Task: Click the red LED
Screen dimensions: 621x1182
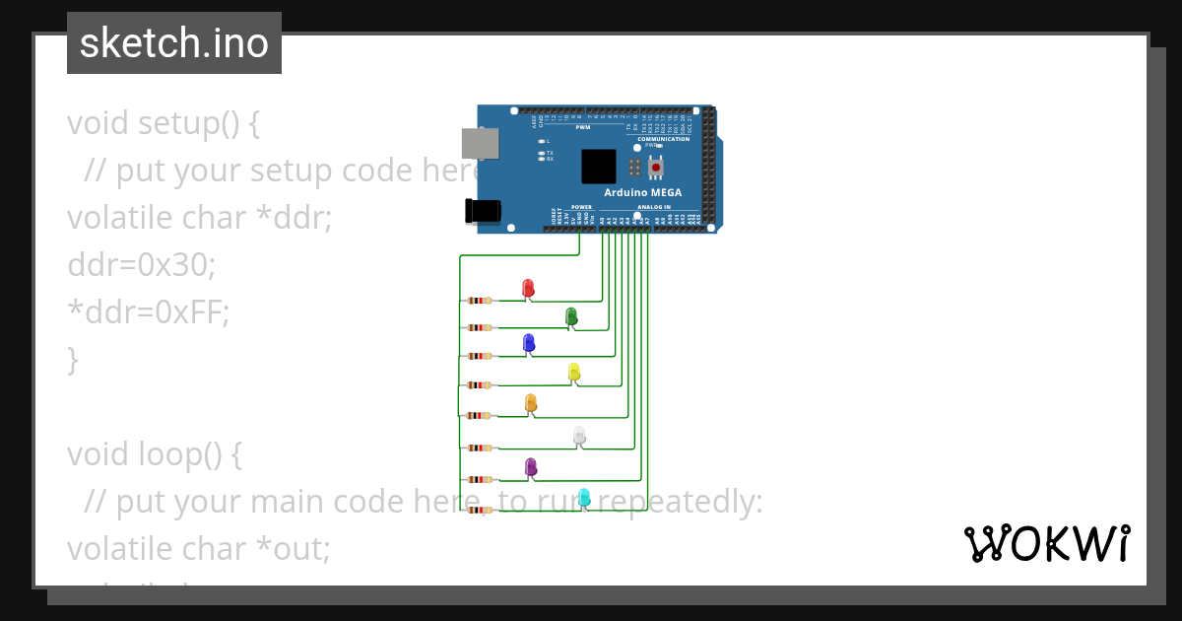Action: tap(528, 287)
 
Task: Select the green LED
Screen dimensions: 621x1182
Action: tap(571, 315)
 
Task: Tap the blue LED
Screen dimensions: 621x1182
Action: tap(529, 342)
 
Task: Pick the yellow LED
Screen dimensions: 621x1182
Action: tap(574, 372)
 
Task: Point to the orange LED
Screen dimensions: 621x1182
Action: tap(531, 402)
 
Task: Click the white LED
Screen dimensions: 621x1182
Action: tap(579, 435)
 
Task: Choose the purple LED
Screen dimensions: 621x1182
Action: tap(531, 466)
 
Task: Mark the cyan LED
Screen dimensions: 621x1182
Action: tap(584, 497)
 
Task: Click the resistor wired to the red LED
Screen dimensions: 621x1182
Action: tap(480, 301)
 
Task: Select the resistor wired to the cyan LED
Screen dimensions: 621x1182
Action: tap(480, 510)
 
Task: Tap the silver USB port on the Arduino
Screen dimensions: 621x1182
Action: tap(481, 144)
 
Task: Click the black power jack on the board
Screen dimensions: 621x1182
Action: tap(483, 210)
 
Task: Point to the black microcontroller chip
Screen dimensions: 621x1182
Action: tap(598, 166)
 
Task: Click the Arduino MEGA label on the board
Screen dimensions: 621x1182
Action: tap(642, 192)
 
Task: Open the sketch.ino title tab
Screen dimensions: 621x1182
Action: tap(174, 43)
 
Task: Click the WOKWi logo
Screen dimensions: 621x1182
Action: tap(1047, 543)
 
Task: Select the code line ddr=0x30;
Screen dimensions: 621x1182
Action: tap(141, 265)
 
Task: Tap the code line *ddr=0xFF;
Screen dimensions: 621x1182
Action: tap(148, 312)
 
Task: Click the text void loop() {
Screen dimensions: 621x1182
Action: tap(154, 454)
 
